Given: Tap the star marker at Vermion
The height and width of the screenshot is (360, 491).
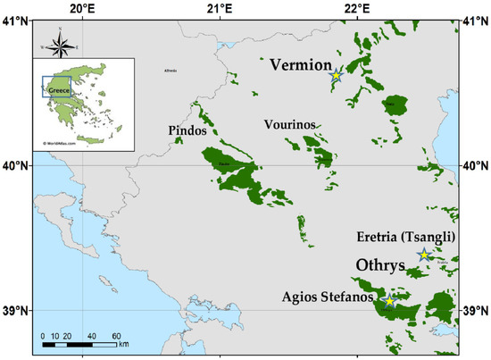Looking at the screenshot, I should pos(336,77).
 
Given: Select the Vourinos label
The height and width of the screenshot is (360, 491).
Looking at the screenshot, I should pos(290,125).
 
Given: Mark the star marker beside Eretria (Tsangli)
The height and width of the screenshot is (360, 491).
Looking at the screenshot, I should pos(424,255).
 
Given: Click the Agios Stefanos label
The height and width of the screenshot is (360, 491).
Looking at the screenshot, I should pos(329,297).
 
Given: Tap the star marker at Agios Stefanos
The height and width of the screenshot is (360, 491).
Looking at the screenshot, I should pos(389,301).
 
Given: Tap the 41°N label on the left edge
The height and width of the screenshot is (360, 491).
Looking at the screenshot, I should pos(12,20).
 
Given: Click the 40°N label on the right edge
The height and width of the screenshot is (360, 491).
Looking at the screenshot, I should pos(479,165).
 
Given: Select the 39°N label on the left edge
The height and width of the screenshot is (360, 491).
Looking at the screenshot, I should pos(12,311).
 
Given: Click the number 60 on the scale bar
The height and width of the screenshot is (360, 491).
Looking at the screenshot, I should pos(116,336).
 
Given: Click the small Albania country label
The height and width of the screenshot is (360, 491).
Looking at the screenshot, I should pos(171,71).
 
